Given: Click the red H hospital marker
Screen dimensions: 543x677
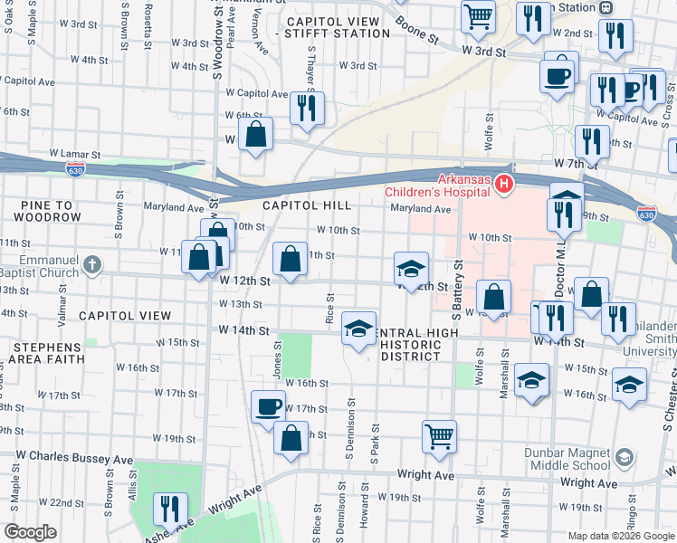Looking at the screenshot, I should click(x=503, y=185).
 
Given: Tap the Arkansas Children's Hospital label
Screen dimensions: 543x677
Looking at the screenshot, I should click(x=437, y=185).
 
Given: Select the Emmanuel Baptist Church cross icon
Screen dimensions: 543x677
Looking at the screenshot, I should click(x=91, y=264).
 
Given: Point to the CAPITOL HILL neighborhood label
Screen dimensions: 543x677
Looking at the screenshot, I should click(x=307, y=206).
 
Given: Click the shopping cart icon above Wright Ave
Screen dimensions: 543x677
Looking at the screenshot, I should click(x=439, y=435).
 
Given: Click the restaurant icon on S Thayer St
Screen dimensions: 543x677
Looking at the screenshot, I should click(x=307, y=109).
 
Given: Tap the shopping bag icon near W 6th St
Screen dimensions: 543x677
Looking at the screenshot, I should click(x=257, y=135).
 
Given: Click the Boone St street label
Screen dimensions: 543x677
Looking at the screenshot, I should click(x=421, y=38).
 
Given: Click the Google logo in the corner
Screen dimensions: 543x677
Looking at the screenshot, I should click(x=31, y=531).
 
